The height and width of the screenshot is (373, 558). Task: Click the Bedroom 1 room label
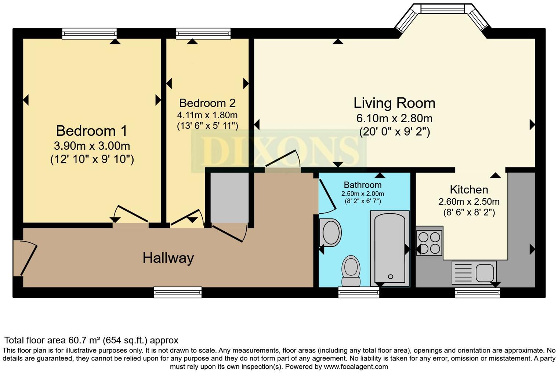(x=91, y=131)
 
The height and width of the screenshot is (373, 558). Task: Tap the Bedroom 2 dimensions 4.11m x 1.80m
(x=207, y=115)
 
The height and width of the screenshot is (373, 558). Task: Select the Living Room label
(x=394, y=103)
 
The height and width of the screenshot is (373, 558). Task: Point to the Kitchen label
(x=469, y=190)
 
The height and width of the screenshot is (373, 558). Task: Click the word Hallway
(x=168, y=258)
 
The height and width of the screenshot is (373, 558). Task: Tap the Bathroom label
(x=362, y=185)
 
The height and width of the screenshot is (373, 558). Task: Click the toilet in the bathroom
(x=351, y=271)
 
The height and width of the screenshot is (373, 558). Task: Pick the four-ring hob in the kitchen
(x=429, y=242)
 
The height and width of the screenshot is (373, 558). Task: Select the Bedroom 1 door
(x=130, y=215)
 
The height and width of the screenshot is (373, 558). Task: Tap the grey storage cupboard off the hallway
(x=230, y=198)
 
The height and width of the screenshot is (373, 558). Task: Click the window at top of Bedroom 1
(x=89, y=33)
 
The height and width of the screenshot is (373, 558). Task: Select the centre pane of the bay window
(x=442, y=8)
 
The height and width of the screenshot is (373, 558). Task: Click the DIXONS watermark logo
(x=279, y=151)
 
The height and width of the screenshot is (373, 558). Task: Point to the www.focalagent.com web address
(x=355, y=366)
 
